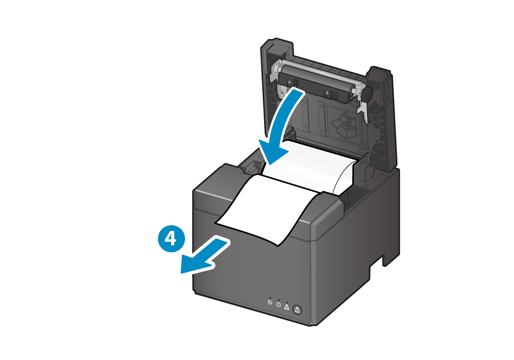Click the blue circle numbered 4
pyautogui.click(x=171, y=238)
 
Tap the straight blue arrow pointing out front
pyautogui.click(x=206, y=256)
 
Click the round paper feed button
pyautogui.click(x=297, y=310)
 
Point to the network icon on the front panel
pyautogui.click(x=287, y=308)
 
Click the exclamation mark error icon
pyautogui.click(x=278, y=304)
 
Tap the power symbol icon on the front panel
pyautogui.click(x=270, y=302)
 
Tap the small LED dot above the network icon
pyautogui.click(x=287, y=302)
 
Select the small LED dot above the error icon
pyautogui.click(x=278, y=300)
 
